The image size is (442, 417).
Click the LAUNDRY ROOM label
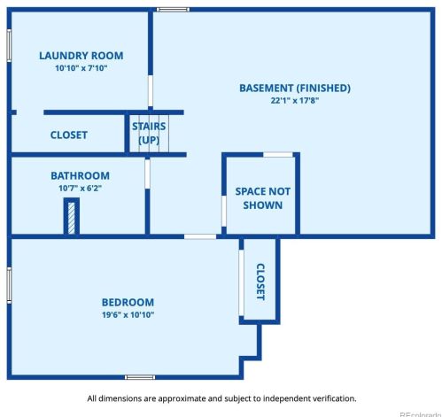pyautogui.click(x=81, y=56)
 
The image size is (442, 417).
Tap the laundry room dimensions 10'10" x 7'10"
pyautogui.click(x=81, y=68)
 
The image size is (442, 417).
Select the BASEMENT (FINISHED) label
pyautogui.click(x=295, y=88)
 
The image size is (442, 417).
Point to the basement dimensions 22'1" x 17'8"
pyautogui.click(x=295, y=100)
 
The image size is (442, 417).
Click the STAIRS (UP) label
pyautogui.click(x=149, y=133)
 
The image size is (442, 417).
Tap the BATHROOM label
pyautogui.click(x=80, y=175)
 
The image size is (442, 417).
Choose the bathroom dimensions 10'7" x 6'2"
pyautogui.click(x=80, y=188)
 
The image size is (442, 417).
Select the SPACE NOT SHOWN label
pyautogui.click(x=262, y=198)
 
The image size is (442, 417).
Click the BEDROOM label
pyautogui.click(x=128, y=302)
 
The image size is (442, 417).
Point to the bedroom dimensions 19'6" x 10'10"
pyautogui.click(x=128, y=314)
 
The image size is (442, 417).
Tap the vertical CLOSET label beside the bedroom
pyautogui.click(x=260, y=282)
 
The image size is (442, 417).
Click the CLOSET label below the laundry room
pyautogui.click(x=69, y=135)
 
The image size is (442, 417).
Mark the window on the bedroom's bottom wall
pyautogui.click(x=140, y=377)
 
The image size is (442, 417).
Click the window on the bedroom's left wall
pyautogui.click(x=9, y=285)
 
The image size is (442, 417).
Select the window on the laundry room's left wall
pyautogui.click(x=9, y=45)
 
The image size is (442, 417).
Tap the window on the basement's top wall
pyautogui.click(x=173, y=10)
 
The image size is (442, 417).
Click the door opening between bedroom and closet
pyautogui.click(x=241, y=282)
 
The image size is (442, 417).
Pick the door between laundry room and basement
pyautogui.click(x=151, y=90)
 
